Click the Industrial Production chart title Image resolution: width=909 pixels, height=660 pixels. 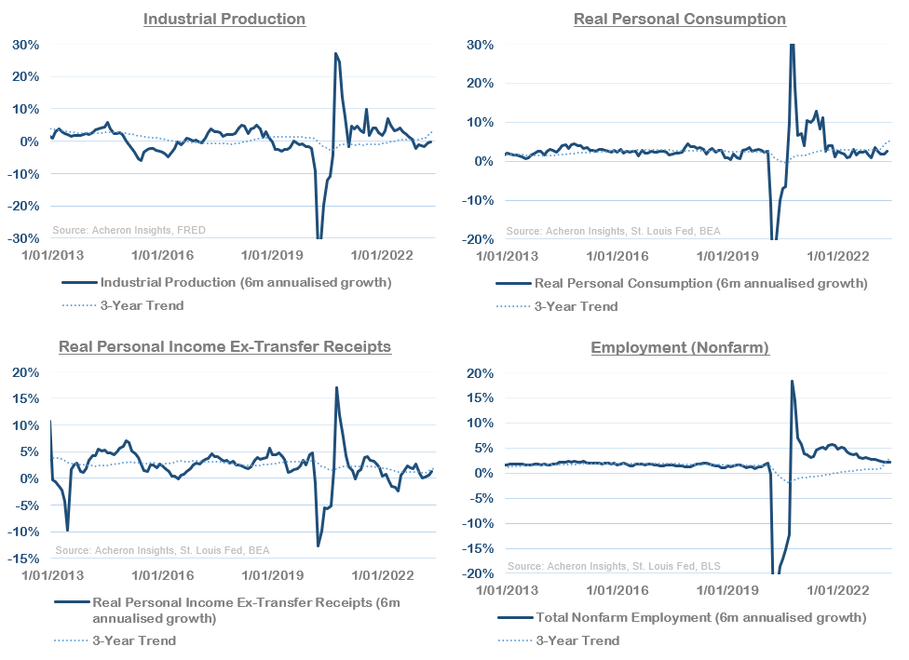click(x=224, y=19)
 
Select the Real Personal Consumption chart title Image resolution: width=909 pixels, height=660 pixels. click(x=679, y=19)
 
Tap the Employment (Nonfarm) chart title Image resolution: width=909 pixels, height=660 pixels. click(x=679, y=348)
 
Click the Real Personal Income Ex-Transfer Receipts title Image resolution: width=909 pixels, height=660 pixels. click(x=224, y=346)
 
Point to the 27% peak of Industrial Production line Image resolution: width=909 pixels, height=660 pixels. click(x=335, y=54)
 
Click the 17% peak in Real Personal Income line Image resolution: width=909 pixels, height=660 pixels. click(x=336, y=388)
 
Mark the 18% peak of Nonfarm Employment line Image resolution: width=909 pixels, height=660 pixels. click(x=792, y=381)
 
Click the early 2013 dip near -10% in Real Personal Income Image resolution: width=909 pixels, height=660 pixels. click(x=68, y=530)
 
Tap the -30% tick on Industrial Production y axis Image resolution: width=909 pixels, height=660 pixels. click(x=25, y=238)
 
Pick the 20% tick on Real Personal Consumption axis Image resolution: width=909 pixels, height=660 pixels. click(x=482, y=83)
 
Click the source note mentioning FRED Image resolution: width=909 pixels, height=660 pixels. click(x=129, y=230)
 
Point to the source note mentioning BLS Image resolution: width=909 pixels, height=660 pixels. click(x=614, y=566)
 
